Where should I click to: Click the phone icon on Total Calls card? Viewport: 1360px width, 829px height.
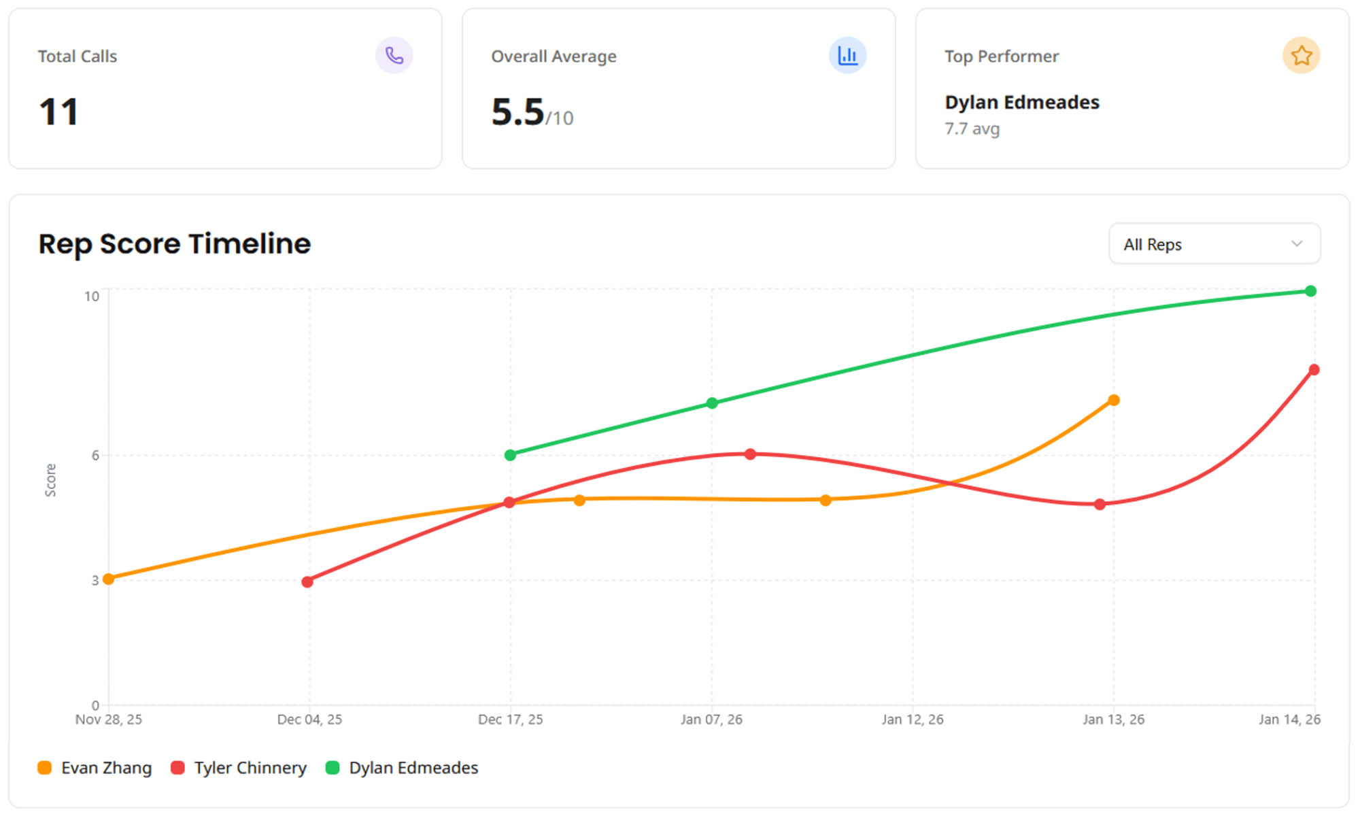394,55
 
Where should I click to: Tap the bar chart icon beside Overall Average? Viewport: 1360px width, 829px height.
847,55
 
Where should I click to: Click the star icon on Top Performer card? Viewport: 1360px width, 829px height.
1301,55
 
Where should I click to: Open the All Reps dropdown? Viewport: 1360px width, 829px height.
1214,244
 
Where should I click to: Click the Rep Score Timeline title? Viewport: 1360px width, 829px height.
175,243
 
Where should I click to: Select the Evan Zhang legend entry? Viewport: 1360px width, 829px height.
95,768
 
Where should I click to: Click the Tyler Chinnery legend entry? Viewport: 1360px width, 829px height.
239,768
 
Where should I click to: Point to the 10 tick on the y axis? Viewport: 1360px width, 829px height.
92,297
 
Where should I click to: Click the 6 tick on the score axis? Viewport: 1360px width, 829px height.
95,456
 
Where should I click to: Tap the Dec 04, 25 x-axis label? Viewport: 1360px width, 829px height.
309,720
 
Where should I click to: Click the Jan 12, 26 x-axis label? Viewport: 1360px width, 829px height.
913,720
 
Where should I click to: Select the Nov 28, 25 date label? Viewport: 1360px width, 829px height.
109,720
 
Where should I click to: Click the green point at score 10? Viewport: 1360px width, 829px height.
1310,291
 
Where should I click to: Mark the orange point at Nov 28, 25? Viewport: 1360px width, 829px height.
109,579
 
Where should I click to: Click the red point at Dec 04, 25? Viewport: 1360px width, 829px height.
307,581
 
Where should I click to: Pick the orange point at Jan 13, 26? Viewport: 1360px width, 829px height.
1114,400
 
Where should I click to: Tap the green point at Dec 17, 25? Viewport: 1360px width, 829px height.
511,455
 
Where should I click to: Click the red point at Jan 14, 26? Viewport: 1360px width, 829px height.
1314,370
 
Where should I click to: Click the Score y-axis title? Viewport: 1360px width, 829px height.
51,480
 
